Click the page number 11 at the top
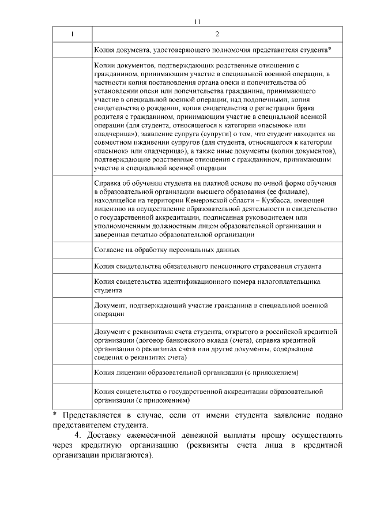(x=197, y=22)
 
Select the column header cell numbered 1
(x=72, y=34)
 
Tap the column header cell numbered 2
(x=217, y=34)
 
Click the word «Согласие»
(x=110, y=250)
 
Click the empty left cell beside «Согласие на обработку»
(x=72, y=250)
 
